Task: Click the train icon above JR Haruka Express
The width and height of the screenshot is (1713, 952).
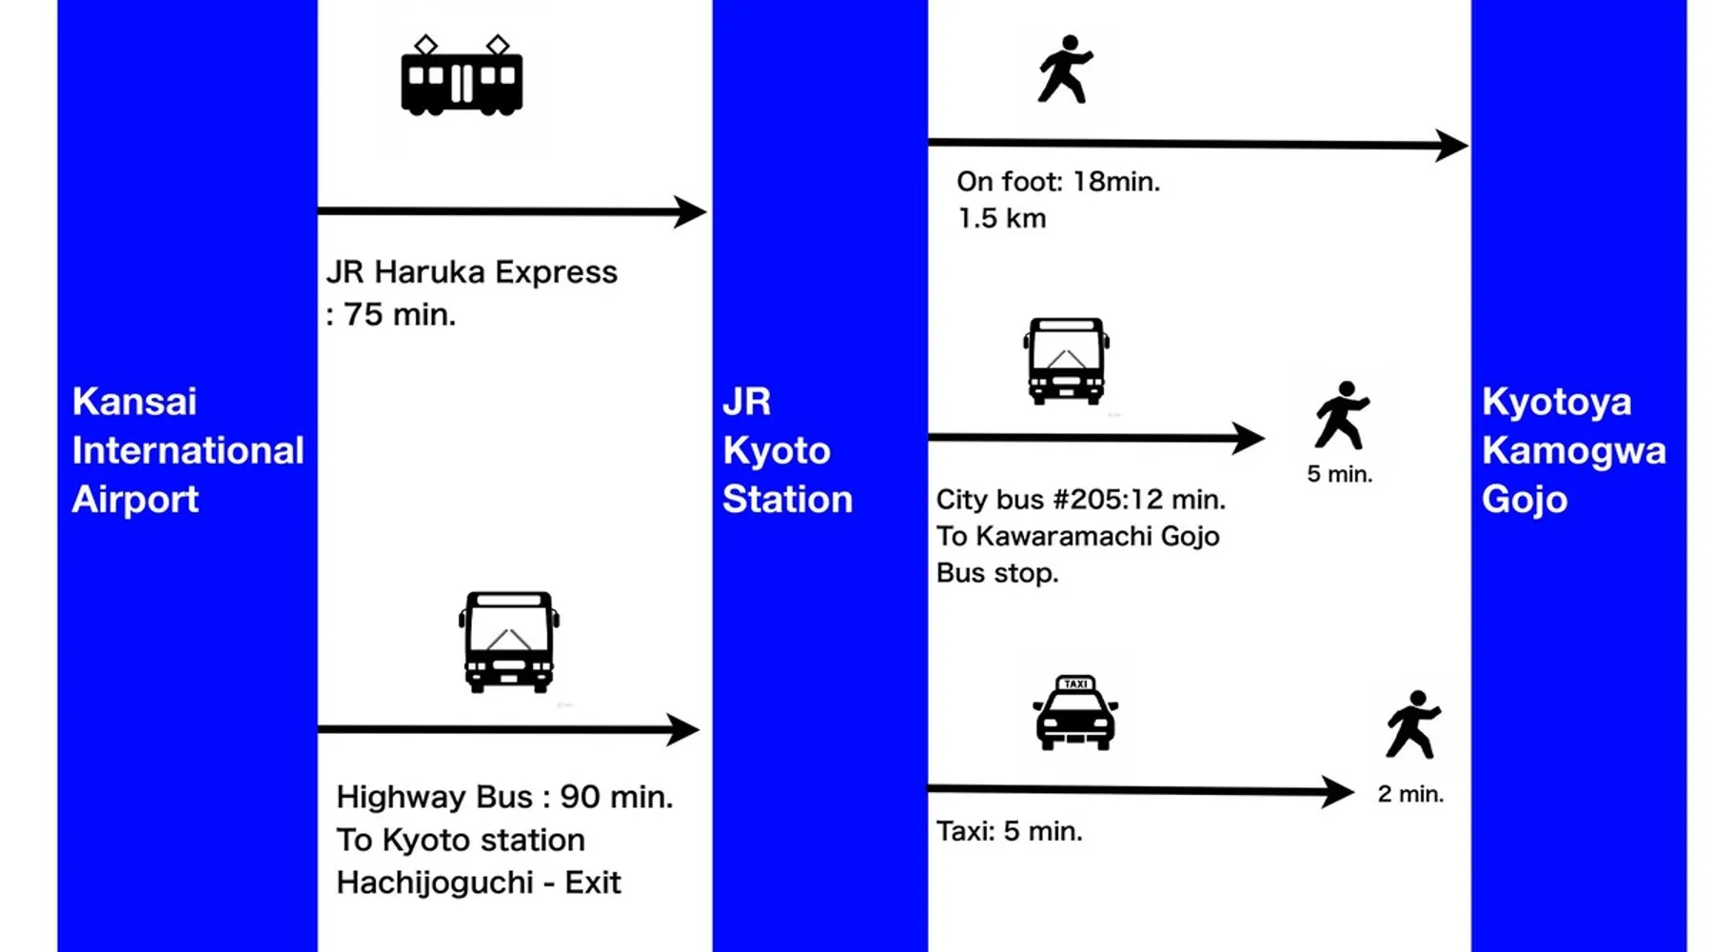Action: point(462,76)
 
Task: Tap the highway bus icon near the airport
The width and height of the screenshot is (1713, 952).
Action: point(509,642)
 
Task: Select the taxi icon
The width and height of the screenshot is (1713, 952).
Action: point(1075,713)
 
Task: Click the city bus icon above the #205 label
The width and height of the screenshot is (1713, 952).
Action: point(1067,361)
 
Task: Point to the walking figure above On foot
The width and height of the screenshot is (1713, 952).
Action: point(1065,69)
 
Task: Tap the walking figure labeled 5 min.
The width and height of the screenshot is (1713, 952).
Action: point(1342,415)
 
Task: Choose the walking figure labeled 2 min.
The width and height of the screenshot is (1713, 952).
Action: point(1413,724)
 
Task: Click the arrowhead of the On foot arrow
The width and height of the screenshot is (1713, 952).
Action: point(1453,146)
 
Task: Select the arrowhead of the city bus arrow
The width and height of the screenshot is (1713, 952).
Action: point(1250,438)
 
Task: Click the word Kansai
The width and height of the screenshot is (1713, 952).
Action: point(135,402)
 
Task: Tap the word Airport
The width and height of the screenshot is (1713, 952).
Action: point(135,500)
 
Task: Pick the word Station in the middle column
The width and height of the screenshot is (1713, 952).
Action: point(787,500)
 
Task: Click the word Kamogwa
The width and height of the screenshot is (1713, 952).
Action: point(1574,451)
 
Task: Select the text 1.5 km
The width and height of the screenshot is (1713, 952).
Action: point(1002,219)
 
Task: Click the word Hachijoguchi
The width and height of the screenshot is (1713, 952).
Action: point(435,883)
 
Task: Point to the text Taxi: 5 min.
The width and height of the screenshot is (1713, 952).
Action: point(1010,832)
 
